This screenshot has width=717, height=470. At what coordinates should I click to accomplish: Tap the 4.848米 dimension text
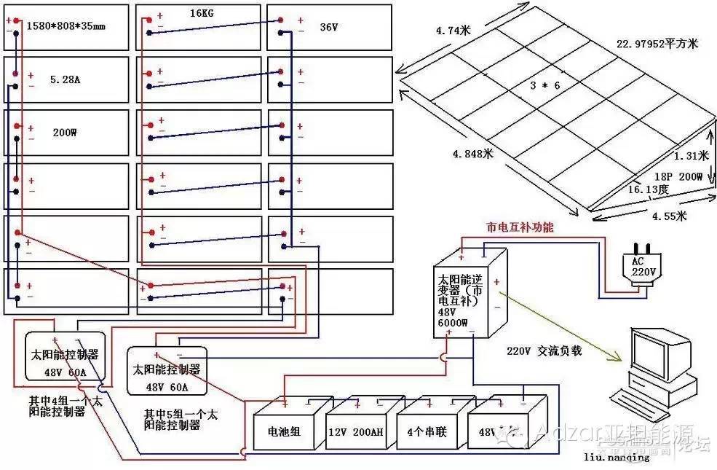(473, 154)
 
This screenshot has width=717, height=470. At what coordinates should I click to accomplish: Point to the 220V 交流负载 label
(544, 350)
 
